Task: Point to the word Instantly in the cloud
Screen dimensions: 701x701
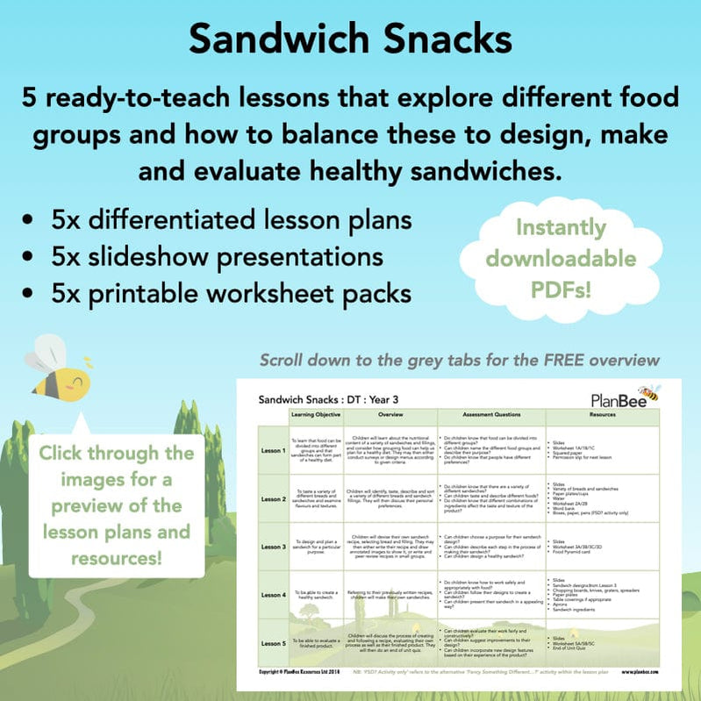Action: point(561,228)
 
